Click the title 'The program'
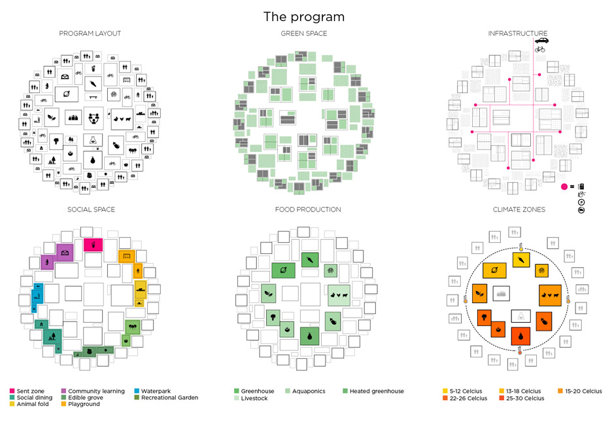tap(303, 16)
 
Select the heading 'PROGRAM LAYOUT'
tap(90, 33)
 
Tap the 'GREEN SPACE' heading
tap(303, 33)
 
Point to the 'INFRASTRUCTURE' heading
tap(517, 33)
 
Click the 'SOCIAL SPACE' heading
tap(91, 210)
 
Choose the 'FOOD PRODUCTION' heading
tap(303, 210)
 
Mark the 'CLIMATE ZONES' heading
tap(517, 210)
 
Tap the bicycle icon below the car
tap(539, 49)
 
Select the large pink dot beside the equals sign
tap(565, 187)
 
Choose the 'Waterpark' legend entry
tap(155, 392)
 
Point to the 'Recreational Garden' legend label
tap(169, 397)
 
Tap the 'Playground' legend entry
tap(84, 404)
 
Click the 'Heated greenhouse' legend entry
tap(377, 392)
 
